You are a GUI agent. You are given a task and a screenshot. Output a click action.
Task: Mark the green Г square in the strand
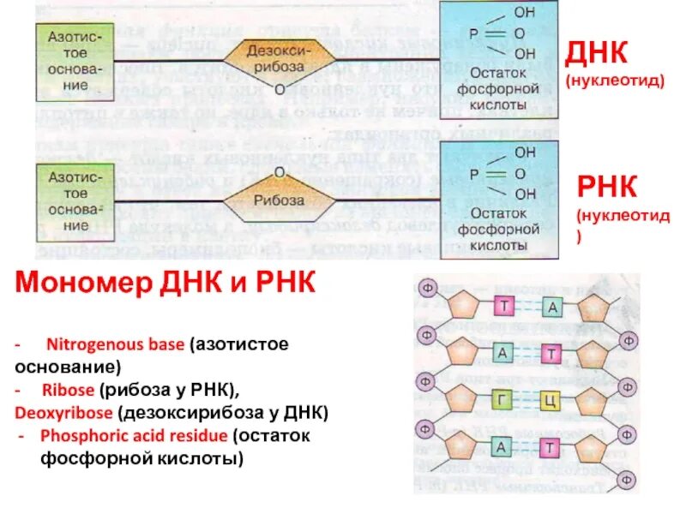coord(503,399)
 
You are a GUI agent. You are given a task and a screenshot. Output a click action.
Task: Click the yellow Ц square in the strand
coord(551,399)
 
